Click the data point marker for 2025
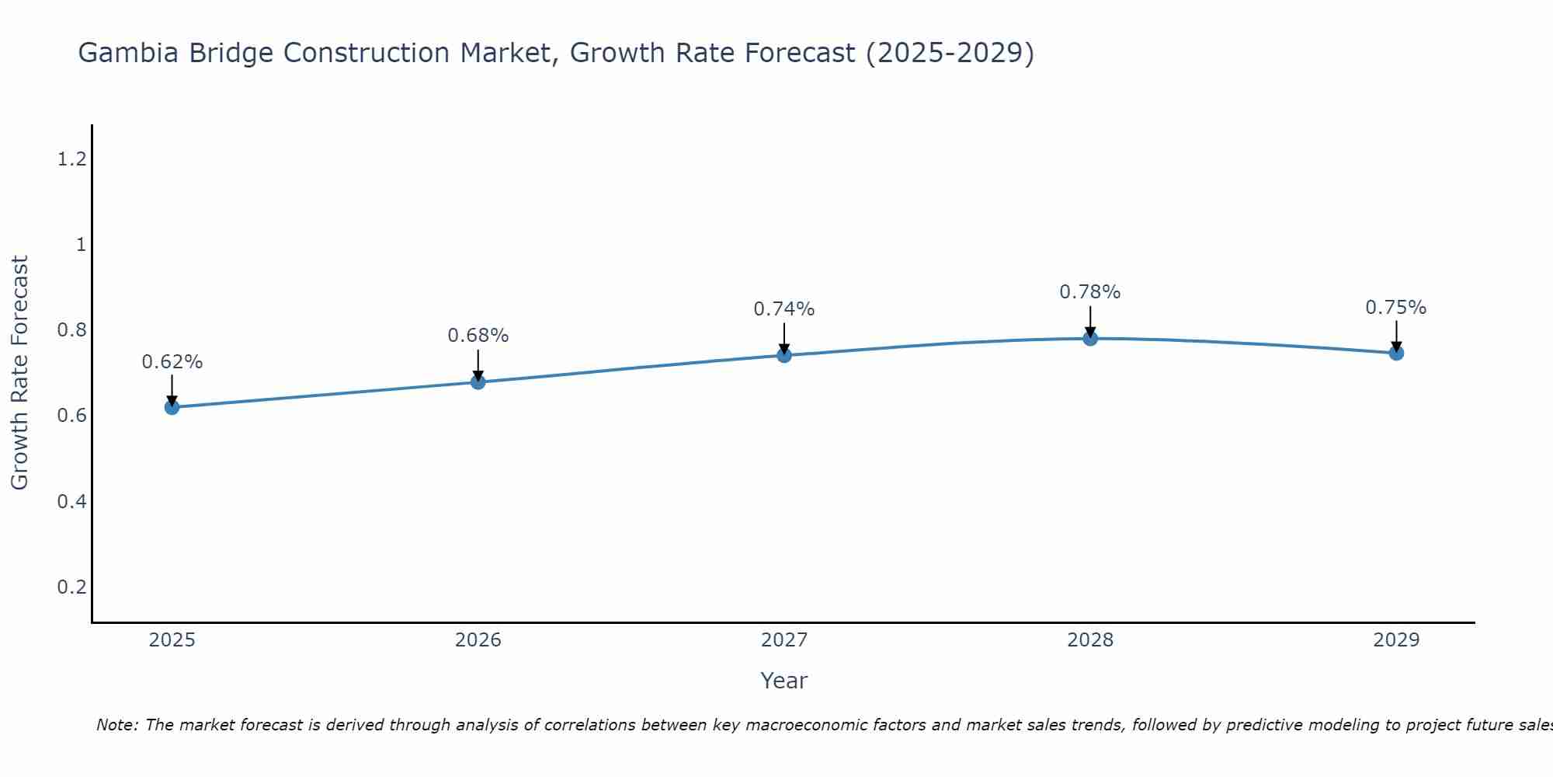[172, 407]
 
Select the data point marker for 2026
[478, 382]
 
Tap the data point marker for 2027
[784, 355]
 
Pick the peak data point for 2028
[1090, 338]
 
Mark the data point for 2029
[1396, 353]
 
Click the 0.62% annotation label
[172, 362]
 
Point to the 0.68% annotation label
[478, 336]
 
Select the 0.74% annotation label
[784, 309]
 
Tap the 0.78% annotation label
[1090, 292]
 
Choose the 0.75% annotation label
[1396, 308]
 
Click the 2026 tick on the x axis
[478, 640]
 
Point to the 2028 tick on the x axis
[1090, 640]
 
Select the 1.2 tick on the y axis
[71, 159]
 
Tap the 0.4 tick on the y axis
[71, 501]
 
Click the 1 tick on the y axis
[80, 245]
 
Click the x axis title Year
[784, 681]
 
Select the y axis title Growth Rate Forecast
[19, 373]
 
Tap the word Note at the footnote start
[116, 725]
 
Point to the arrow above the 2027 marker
[784, 337]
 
